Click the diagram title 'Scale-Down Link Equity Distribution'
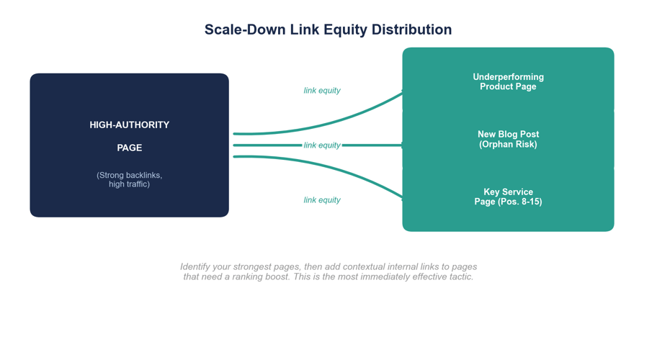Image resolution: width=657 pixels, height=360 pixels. click(328, 30)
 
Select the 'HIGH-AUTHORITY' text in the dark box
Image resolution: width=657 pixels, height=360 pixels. click(130, 125)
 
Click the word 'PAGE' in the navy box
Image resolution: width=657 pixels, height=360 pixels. click(130, 148)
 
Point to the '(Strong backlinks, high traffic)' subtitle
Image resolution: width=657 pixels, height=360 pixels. click(130, 179)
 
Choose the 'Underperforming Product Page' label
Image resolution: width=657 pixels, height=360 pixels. click(508, 81)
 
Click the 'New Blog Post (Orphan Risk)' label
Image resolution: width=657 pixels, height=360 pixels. click(508, 139)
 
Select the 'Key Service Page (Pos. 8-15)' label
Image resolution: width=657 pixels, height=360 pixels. click(508, 197)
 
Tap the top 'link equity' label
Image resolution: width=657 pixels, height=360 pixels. click(322, 91)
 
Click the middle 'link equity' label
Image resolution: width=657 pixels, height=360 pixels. click(322, 145)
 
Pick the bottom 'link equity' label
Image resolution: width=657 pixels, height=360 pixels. click(322, 200)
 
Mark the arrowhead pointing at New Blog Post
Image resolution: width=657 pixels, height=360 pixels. click(400, 145)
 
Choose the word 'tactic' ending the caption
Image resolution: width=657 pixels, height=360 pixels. click(460, 277)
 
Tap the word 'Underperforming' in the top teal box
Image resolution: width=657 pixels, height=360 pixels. click(508, 77)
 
